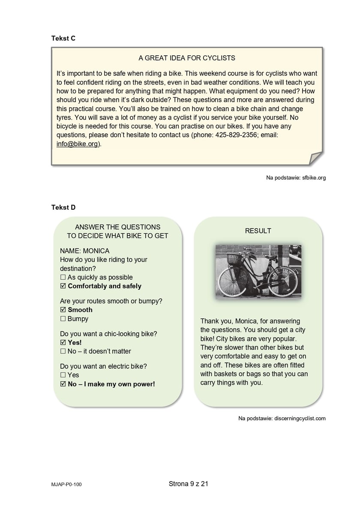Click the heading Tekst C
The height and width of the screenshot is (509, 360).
coord(63,38)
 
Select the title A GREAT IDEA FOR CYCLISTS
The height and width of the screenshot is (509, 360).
coord(187,58)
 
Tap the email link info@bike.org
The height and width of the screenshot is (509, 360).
coord(77,144)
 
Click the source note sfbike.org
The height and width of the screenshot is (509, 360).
coord(296,178)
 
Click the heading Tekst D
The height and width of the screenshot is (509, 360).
coord(63,208)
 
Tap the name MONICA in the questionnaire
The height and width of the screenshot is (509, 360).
coord(96,251)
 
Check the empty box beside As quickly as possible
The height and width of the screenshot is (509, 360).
coord(63,277)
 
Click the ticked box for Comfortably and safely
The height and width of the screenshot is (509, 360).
coord(63,286)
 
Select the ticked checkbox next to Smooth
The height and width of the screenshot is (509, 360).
coord(63,310)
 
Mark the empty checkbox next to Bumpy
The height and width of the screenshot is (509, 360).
coord(63,319)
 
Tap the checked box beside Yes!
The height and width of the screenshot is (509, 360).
coord(63,343)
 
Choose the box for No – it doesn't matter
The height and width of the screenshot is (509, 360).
coord(63,351)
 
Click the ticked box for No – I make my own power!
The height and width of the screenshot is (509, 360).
coord(63,384)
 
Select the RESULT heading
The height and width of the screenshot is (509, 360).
coord(258,231)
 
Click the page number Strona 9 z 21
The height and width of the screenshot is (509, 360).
coord(189,484)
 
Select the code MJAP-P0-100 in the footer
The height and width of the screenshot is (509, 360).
coord(66,485)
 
